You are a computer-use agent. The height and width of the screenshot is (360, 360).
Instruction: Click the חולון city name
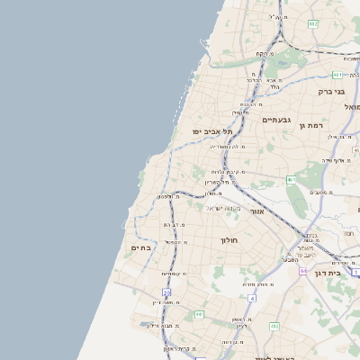tap(229, 240)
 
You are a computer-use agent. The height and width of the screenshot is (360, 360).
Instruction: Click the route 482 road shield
tap(312, 23)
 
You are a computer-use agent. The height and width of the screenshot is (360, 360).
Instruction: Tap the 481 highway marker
tap(337, 75)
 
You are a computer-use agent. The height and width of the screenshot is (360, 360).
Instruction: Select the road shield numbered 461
tap(291, 180)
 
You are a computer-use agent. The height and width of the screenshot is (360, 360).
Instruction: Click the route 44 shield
tap(303, 269)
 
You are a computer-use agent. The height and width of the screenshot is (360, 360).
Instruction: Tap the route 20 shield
tap(166, 292)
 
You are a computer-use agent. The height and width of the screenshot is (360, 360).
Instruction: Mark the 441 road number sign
tap(199, 314)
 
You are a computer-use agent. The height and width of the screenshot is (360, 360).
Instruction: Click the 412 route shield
tap(274, 326)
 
